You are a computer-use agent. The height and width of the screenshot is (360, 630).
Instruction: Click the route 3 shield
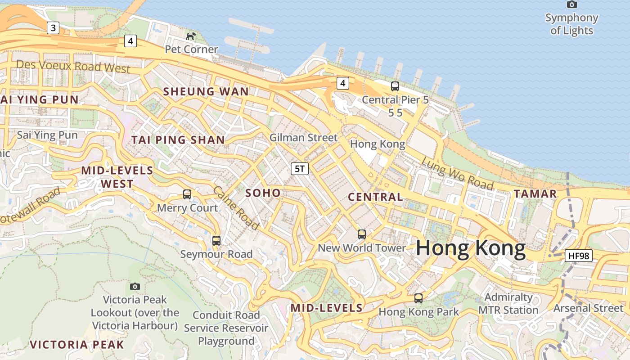coord(54,28)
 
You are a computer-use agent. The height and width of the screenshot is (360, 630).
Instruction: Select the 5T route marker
coord(300,169)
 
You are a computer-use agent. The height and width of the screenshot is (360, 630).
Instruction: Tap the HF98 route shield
coord(579,256)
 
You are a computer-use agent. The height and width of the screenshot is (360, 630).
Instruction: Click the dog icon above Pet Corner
coord(191,36)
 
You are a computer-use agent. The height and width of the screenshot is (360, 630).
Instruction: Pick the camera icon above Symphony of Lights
coord(572,4)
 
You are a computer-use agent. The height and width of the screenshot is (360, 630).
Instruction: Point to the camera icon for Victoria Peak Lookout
coord(135,286)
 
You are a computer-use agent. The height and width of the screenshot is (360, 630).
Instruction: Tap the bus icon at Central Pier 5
coord(395,86)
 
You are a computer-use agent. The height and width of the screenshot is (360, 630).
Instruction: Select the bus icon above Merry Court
coord(187,194)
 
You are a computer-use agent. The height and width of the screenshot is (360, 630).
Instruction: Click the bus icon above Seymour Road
coord(216,241)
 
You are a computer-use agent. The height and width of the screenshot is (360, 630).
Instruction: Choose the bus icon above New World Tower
coord(362,234)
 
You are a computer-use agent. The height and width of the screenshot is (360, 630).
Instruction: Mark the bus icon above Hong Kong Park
coord(418,298)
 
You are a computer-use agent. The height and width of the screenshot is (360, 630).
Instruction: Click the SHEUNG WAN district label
coord(206,92)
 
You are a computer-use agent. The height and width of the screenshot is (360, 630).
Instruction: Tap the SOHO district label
coord(263,193)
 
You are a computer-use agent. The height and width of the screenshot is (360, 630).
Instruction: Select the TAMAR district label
coord(535,194)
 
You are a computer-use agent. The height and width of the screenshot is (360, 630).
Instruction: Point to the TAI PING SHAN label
coord(178,140)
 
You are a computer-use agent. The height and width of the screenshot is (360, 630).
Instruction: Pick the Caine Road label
coord(236,207)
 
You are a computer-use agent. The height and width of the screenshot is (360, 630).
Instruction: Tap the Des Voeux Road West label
coord(73,67)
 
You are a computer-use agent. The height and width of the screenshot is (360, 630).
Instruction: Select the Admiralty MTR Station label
coord(508,304)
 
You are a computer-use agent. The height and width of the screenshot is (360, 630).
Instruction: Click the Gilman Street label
coord(303,138)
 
